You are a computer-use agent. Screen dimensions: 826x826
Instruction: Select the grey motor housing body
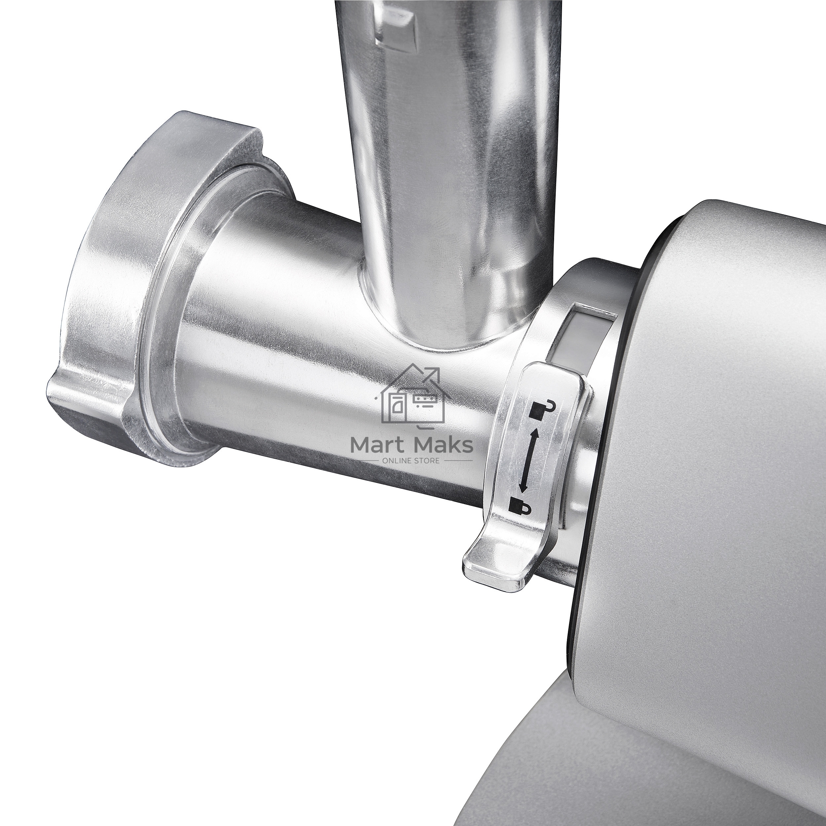point(727,428)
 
